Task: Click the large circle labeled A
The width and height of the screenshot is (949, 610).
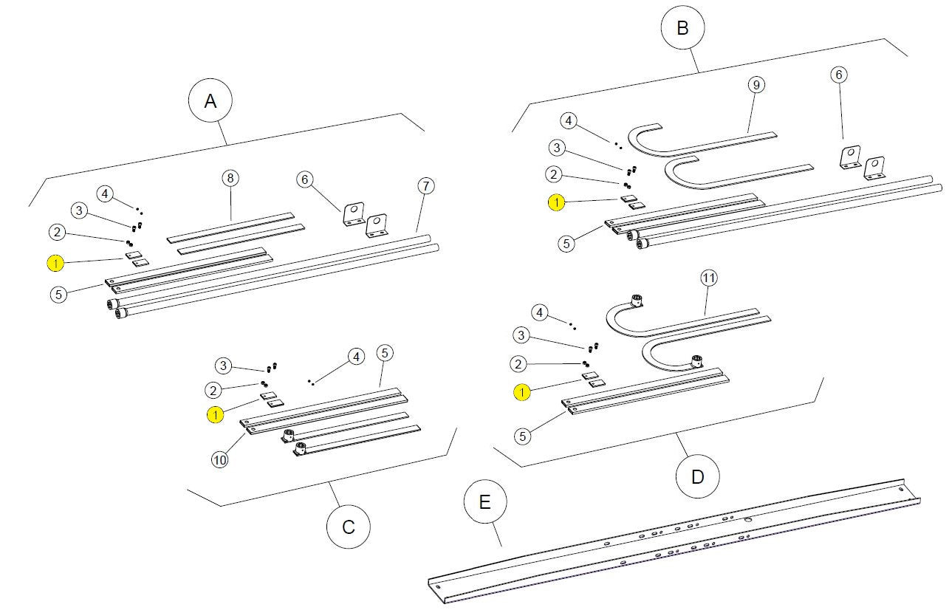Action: (210, 101)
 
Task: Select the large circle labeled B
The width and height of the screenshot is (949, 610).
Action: (682, 28)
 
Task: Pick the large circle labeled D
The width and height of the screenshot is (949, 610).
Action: (698, 476)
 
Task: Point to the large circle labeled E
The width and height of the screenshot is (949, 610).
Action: (485, 502)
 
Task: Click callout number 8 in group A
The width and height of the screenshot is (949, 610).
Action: (230, 178)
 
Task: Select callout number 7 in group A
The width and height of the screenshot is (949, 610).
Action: (424, 185)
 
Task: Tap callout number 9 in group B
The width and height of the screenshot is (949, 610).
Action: (755, 85)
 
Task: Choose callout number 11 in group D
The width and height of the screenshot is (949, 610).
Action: (708, 278)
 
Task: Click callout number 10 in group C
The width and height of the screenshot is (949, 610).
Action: (219, 459)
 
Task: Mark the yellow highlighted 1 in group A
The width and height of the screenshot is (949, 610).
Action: (55, 262)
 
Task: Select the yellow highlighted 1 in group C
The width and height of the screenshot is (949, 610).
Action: (215, 414)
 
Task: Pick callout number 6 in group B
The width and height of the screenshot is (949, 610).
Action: (838, 74)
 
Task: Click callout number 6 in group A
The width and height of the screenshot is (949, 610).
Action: (305, 179)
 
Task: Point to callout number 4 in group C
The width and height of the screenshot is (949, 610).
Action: (356, 357)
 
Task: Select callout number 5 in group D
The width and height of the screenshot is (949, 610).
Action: (523, 436)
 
